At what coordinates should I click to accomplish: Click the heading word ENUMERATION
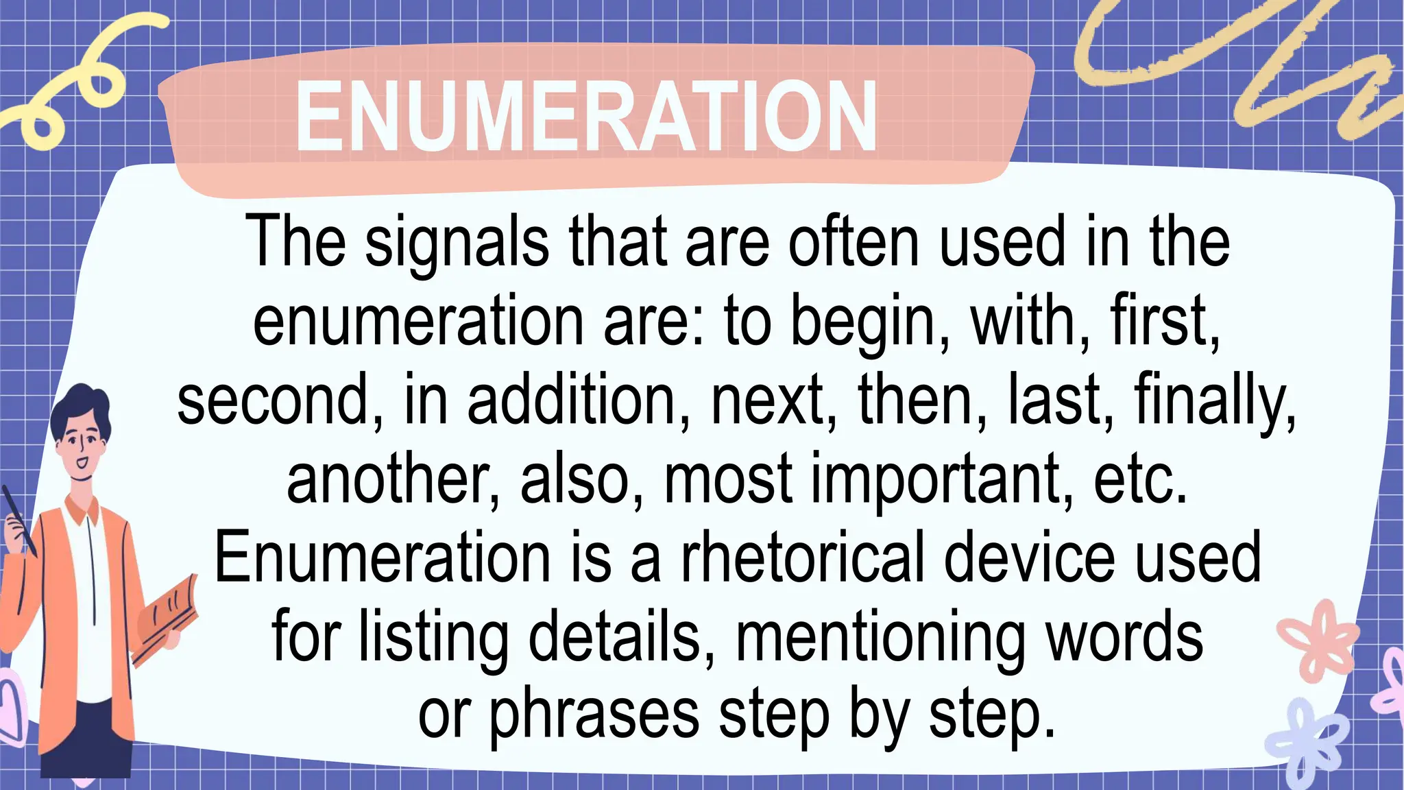(586, 117)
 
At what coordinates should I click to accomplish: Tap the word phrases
(594, 716)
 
